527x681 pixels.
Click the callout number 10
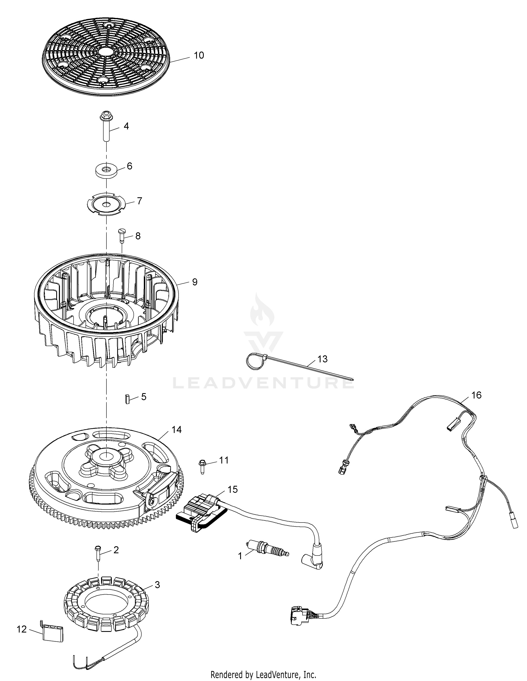point(199,56)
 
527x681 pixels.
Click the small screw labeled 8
point(122,236)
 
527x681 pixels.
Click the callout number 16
point(476,395)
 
